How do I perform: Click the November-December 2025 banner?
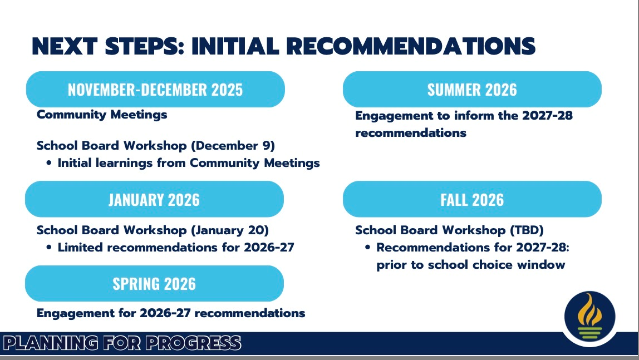coord(155,89)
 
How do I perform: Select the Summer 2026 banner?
coord(472,89)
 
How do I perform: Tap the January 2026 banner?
coord(154,199)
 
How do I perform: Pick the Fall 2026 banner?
coord(472,199)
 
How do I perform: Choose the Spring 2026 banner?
coord(154,283)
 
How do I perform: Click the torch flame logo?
coord(589,317)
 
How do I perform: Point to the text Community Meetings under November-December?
coord(102,115)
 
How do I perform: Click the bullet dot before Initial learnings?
coord(49,163)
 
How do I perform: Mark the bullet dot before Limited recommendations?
coord(49,248)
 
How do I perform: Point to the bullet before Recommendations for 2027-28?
coord(367,248)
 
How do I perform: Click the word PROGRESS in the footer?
coord(194,343)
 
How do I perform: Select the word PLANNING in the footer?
coord(51,343)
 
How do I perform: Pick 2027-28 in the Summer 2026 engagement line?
coord(547,116)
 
